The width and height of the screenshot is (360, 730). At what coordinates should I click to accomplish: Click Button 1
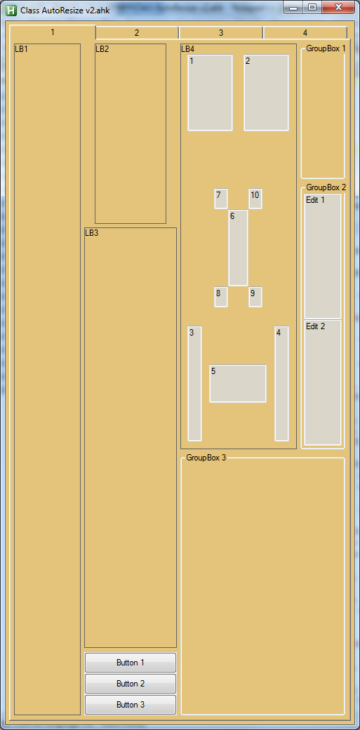tap(131, 663)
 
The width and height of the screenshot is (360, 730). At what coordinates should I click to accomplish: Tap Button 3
tap(131, 705)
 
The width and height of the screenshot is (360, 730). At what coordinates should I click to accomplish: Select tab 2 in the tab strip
tap(137, 32)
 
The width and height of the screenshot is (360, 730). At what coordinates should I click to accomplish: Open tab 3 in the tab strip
tap(221, 32)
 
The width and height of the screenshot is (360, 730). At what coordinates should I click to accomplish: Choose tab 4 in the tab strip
tap(305, 32)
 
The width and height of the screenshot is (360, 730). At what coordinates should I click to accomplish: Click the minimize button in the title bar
tap(293, 8)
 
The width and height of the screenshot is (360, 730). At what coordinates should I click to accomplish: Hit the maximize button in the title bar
tap(312, 8)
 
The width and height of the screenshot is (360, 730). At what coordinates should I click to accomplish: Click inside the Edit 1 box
tap(323, 256)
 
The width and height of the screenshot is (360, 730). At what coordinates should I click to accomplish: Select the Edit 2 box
tap(323, 383)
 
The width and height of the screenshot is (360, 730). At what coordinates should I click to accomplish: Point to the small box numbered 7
tap(221, 199)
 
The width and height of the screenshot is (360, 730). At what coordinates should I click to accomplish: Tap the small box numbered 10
tap(255, 199)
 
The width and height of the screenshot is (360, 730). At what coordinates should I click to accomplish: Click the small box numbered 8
tap(221, 297)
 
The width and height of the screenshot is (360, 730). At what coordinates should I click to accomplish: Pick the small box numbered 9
tap(255, 297)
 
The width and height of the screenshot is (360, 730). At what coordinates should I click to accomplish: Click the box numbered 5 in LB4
tap(238, 384)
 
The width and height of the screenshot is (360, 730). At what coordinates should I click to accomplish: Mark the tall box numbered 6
tap(238, 248)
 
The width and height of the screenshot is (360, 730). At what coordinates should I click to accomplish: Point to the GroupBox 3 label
tap(206, 458)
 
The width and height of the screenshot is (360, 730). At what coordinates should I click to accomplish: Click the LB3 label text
tap(92, 233)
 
